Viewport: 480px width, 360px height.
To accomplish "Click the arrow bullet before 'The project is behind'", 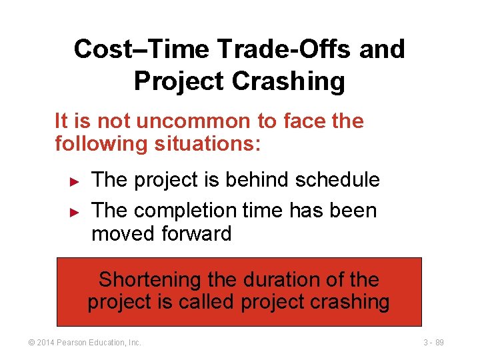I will click(x=75, y=181).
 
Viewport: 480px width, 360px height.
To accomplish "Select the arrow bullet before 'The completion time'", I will click(x=75, y=212).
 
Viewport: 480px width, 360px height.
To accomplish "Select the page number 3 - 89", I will click(x=433, y=343).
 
